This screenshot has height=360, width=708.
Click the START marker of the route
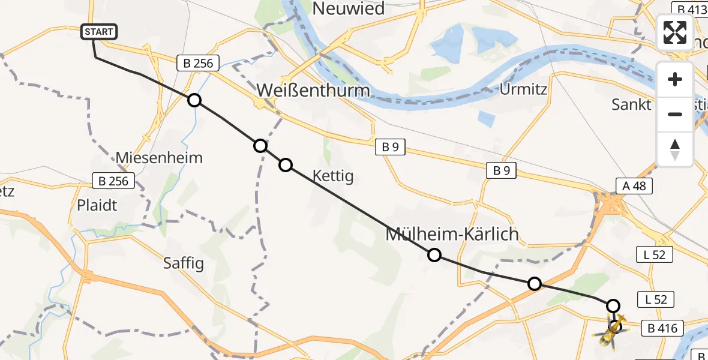click(x=99, y=32)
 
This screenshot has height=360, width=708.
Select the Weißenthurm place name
click(x=313, y=91)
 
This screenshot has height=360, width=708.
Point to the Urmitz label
click(x=523, y=89)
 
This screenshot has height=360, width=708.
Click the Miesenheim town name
click(x=159, y=158)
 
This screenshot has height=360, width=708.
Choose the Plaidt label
click(x=97, y=205)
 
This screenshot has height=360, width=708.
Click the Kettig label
click(x=332, y=176)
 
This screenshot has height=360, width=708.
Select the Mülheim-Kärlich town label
click(x=451, y=234)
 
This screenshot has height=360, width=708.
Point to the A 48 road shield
click(x=634, y=186)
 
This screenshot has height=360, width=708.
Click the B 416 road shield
click(x=662, y=328)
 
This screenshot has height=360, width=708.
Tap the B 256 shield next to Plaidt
click(x=114, y=181)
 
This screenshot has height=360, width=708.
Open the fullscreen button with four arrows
click(x=675, y=32)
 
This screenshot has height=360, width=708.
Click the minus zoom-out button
click(x=675, y=114)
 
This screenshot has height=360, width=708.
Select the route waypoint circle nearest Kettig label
click(x=286, y=164)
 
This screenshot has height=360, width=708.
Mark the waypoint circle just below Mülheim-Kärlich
click(x=434, y=256)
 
